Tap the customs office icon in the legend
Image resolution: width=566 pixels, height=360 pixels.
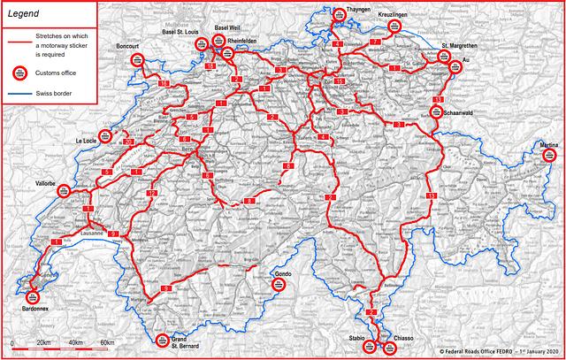coord(19,73)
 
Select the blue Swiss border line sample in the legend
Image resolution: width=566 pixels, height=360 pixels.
coord(19,92)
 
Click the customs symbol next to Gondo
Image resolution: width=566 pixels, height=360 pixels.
coord(278,285)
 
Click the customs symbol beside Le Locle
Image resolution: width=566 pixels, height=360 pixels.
coord(104,138)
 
